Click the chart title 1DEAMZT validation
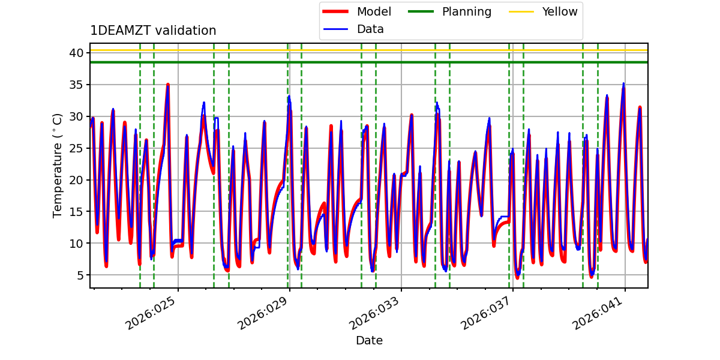point(153,31)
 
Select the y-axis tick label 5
point(79,275)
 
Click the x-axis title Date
point(369,341)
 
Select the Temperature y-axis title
point(58,165)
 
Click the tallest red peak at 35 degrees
point(168,85)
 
